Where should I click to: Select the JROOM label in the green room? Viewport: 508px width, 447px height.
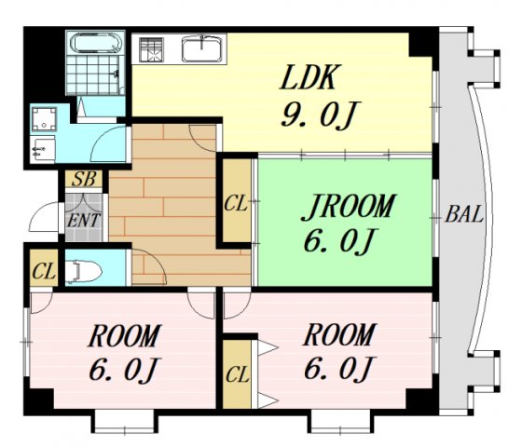point(348,207)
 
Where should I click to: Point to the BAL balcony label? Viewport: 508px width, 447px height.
point(464,213)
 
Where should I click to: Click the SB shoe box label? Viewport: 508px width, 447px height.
point(84,179)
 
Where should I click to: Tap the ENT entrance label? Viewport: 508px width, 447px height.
point(83,221)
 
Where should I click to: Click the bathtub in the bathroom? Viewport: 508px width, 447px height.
point(96,43)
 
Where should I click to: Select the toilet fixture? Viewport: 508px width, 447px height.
point(83,271)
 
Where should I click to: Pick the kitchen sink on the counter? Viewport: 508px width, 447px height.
point(201,48)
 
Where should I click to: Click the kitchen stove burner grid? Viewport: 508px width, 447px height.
point(151,49)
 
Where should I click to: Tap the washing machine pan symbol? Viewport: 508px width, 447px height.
point(45,119)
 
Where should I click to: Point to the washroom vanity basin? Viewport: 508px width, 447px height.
point(42,149)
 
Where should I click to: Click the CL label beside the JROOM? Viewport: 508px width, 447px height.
point(236,204)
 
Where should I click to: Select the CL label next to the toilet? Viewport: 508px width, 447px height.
point(44,271)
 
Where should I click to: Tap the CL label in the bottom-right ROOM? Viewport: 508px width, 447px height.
point(238,374)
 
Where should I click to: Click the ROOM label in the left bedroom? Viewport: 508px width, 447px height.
point(124,335)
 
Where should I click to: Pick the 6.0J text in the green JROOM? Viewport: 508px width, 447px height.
point(340,241)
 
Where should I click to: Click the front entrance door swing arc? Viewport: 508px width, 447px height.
point(43,216)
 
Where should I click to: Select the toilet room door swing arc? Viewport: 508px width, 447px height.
point(150,266)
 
